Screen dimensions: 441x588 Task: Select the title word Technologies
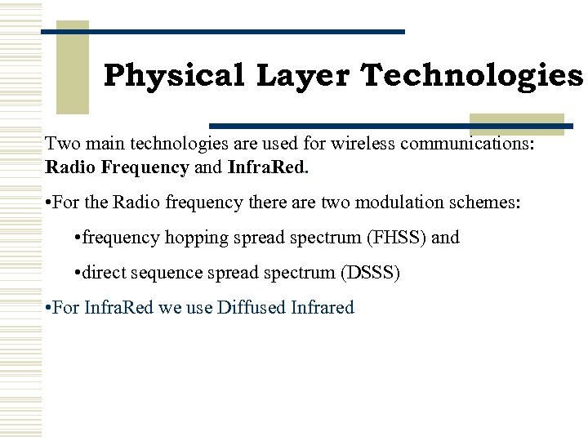[x=473, y=76]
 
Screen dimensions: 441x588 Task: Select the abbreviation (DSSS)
[x=369, y=272]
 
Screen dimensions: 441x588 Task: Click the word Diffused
[x=253, y=308]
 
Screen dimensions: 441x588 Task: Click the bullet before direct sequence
[x=77, y=272]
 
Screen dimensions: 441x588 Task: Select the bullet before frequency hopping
[x=77, y=238]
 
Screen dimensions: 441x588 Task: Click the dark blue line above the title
[x=222, y=32]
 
